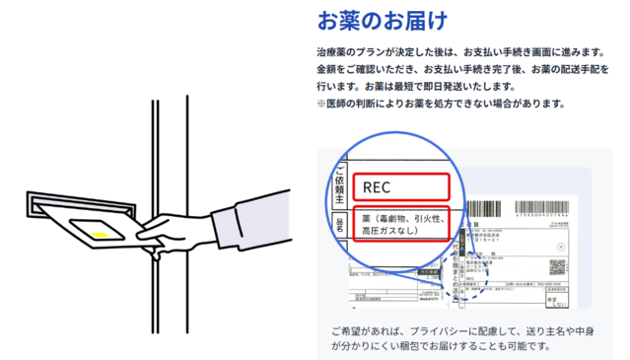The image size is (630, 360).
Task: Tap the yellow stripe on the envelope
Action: [101, 233]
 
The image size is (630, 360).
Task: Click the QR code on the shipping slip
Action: [557, 267]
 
